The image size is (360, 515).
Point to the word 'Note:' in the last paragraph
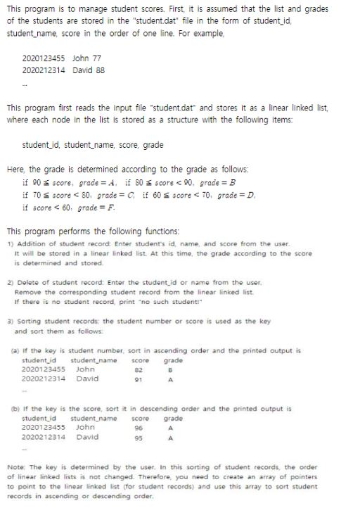(16, 466)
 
